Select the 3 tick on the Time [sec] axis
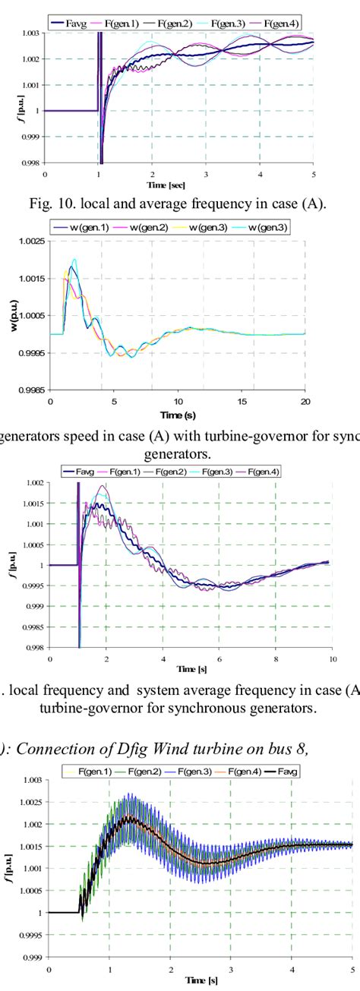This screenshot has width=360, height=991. [x=205, y=174]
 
